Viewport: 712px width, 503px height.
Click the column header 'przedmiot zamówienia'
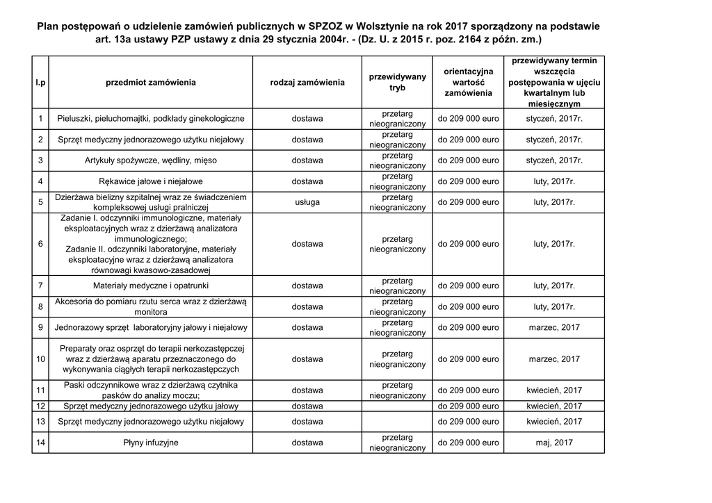click(x=151, y=83)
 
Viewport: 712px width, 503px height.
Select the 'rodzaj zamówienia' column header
click(x=307, y=83)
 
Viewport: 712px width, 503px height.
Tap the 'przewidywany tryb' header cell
click(x=397, y=83)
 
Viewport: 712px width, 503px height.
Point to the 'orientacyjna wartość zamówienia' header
click(x=468, y=83)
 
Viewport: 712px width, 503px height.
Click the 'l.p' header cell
click(x=41, y=83)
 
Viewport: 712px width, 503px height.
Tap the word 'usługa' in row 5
click(x=307, y=202)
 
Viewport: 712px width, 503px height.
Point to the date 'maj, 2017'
click(x=554, y=443)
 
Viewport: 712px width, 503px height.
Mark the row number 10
click(x=41, y=359)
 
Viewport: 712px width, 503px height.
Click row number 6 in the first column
click(x=41, y=244)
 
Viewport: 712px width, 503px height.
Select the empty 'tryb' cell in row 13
click(x=397, y=422)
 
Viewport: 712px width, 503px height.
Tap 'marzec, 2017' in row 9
click(x=554, y=327)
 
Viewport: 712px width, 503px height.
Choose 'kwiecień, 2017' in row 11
click(x=554, y=390)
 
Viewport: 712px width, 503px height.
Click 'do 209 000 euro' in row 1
click(x=468, y=119)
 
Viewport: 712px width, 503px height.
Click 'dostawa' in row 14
click(x=307, y=443)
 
